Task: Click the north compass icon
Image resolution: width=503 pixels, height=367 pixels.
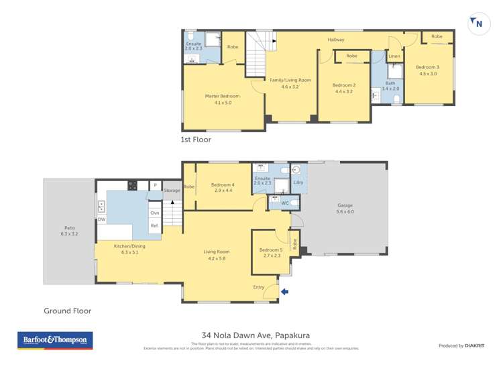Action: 477,23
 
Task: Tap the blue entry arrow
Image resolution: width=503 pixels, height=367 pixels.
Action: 285,291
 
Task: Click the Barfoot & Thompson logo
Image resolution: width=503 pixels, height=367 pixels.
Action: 54,341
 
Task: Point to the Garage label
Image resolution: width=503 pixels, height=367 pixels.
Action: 345,205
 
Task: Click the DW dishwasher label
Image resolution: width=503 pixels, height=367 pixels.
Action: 101,219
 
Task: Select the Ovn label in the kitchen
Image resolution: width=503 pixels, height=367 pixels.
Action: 154,213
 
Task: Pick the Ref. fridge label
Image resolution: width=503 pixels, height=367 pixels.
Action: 154,227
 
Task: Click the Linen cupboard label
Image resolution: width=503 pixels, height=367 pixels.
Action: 394,56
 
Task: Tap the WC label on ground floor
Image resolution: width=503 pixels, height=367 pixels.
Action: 284,202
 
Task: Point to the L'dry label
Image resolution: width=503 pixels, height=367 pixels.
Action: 298,182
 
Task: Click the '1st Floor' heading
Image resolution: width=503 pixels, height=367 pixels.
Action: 196,140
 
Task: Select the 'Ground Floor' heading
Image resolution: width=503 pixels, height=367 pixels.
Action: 67,311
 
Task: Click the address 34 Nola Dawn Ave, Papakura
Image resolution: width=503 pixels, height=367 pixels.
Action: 255,335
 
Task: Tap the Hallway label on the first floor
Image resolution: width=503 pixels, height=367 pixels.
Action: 335,40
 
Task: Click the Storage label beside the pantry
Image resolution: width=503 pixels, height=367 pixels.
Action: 172,191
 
